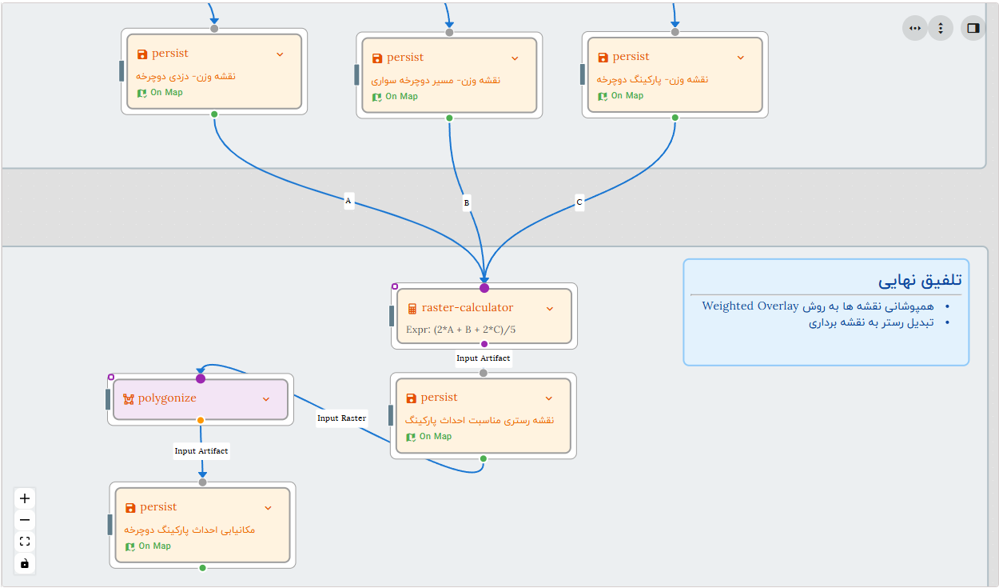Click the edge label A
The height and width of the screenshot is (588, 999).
(x=348, y=202)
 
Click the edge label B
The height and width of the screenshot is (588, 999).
(x=467, y=203)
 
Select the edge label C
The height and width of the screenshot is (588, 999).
(x=579, y=202)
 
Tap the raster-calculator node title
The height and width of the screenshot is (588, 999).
(x=467, y=308)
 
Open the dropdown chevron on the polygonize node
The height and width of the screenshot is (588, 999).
(x=266, y=398)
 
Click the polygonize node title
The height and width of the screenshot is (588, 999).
(x=166, y=398)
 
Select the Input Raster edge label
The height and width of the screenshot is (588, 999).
(x=341, y=418)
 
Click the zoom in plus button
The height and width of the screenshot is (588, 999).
(x=25, y=498)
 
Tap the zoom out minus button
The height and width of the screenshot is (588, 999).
(x=25, y=520)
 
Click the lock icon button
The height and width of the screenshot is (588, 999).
(x=25, y=563)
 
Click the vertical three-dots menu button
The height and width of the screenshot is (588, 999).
(x=941, y=28)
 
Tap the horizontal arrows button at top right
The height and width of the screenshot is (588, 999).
(x=915, y=28)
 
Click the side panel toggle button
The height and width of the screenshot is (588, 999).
(x=973, y=28)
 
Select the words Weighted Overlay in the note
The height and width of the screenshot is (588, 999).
(x=750, y=306)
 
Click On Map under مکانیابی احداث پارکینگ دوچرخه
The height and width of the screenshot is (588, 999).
(x=154, y=546)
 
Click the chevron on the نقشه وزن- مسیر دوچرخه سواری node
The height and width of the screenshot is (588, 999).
(x=515, y=58)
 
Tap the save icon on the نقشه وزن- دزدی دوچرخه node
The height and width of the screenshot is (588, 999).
(x=142, y=54)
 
